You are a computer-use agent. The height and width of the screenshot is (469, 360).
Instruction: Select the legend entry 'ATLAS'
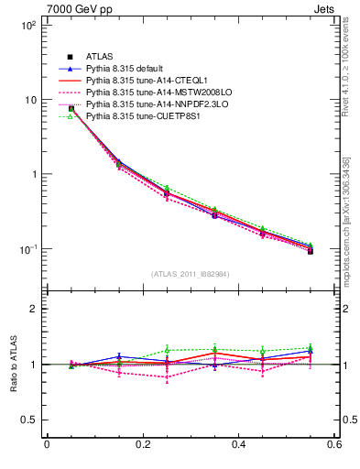pos(99,57)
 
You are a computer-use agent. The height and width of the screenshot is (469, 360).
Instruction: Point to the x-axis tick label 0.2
pos(142,445)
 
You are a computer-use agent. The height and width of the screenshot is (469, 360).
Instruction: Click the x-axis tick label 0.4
pos(238,445)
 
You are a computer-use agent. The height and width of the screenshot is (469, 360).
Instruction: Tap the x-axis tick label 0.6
pos(333,445)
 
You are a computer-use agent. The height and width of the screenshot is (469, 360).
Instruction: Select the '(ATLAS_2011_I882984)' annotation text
pos(190,273)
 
